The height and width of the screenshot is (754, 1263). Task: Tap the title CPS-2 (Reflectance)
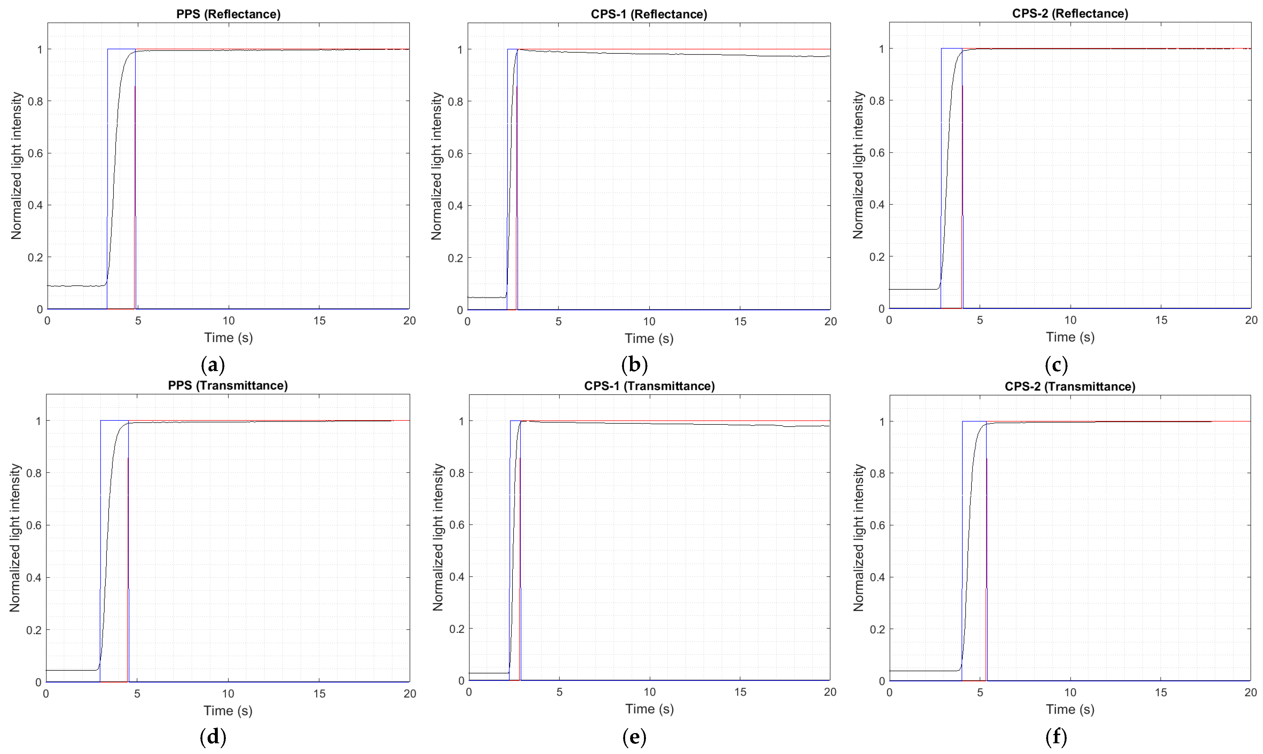click(x=1070, y=14)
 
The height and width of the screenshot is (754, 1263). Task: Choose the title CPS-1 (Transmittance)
click(x=649, y=386)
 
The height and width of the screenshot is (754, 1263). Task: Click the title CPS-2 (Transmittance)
click(x=1070, y=387)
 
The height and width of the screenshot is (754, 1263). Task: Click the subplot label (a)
click(x=213, y=365)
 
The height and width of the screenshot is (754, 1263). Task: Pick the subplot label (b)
click(x=634, y=365)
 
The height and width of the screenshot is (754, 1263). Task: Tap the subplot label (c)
click(x=1056, y=365)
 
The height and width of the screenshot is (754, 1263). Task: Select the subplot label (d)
click(x=213, y=737)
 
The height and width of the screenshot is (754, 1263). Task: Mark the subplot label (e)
click(x=634, y=737)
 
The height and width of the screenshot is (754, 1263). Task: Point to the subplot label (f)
click(x=1056, y=737)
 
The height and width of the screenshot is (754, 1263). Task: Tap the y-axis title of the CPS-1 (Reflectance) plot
click(x=436, y=166)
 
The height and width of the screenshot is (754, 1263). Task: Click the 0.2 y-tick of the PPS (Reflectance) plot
click(x=35, y=257)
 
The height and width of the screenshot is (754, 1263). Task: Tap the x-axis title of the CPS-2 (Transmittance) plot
click(x=1070, y=709)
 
